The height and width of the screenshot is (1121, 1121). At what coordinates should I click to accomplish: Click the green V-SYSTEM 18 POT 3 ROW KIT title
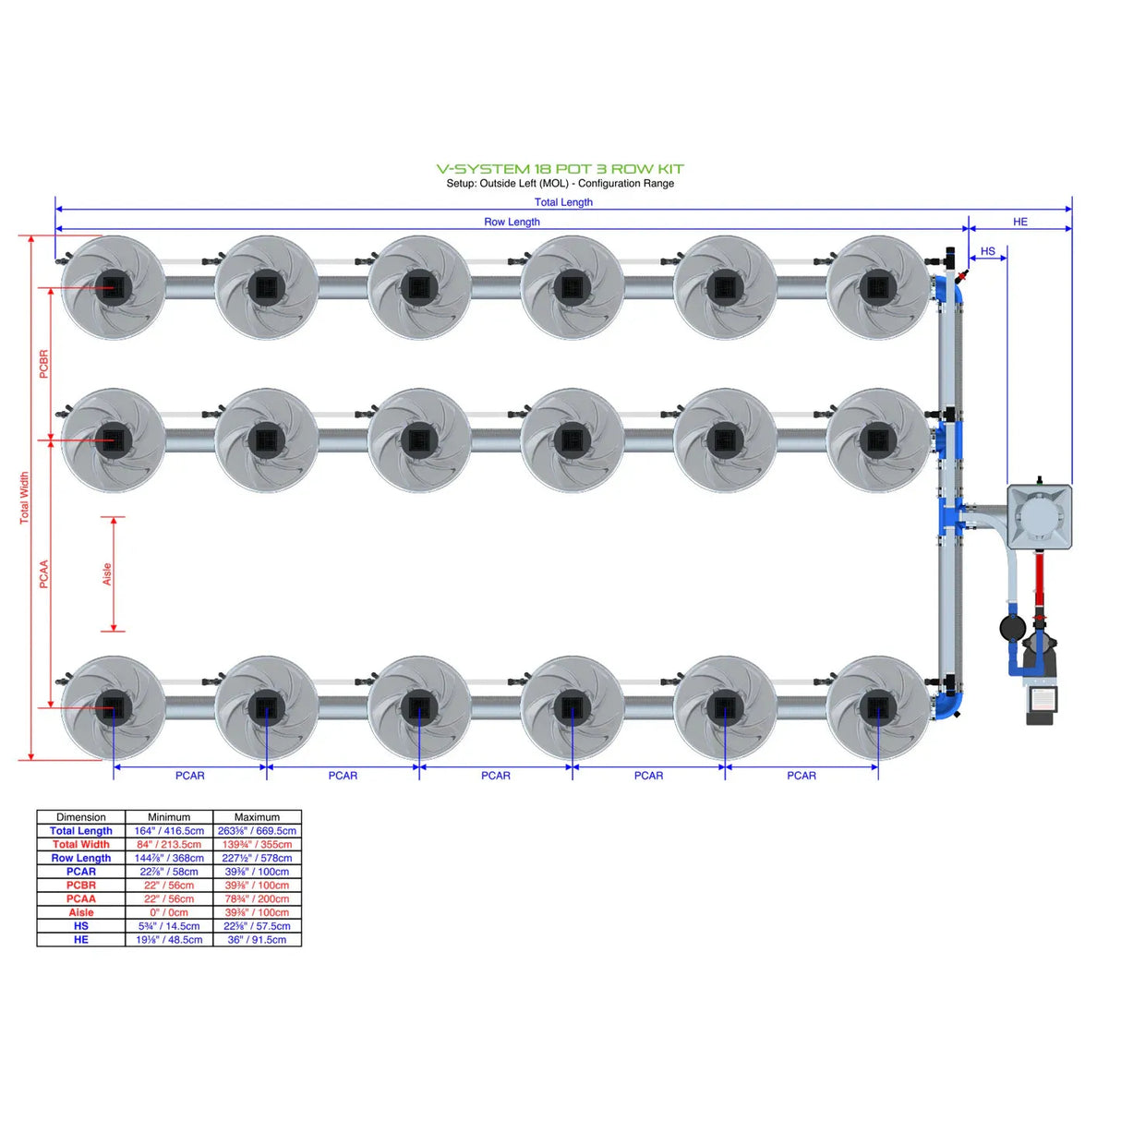coord(560,169)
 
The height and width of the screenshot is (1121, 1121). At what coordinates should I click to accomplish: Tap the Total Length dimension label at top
coord(563,202)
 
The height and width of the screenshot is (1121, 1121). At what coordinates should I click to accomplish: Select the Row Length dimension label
coord(512,222)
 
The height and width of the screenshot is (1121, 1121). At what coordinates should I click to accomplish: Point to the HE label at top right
coord(1019,222)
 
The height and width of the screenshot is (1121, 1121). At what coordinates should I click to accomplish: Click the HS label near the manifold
coord(987,251)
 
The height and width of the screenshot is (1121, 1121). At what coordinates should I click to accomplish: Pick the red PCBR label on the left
coord(43,364)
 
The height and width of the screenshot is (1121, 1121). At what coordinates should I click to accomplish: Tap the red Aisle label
coord(107,574)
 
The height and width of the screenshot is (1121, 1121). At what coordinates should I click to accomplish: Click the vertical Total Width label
coord(25,499)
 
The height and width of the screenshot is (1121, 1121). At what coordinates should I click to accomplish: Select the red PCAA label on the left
coord(43,574)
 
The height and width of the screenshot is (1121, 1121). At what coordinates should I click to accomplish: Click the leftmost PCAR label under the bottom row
coord(190,776)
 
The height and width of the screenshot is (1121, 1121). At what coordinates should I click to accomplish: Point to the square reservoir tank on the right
coord(1039,517)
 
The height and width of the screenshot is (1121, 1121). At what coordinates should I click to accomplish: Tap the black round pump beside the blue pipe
coord(1013,628)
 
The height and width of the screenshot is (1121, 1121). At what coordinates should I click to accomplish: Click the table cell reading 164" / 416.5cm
coord(169,831)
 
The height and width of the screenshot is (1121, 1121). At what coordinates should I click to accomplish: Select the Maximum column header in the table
coord(257,817)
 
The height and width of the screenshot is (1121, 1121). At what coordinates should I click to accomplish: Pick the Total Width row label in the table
coord(81,845)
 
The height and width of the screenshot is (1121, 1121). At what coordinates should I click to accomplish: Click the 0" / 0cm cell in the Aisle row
coord(169,912)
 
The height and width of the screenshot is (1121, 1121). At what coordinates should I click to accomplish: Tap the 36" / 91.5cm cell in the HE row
coord(257,940)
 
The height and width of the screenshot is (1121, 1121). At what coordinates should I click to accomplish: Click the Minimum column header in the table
coord(169,817)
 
